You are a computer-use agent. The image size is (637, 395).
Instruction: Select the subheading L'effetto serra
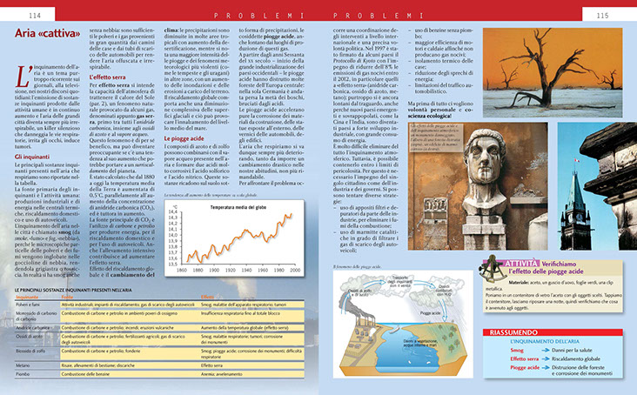click(x=111, y=77)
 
